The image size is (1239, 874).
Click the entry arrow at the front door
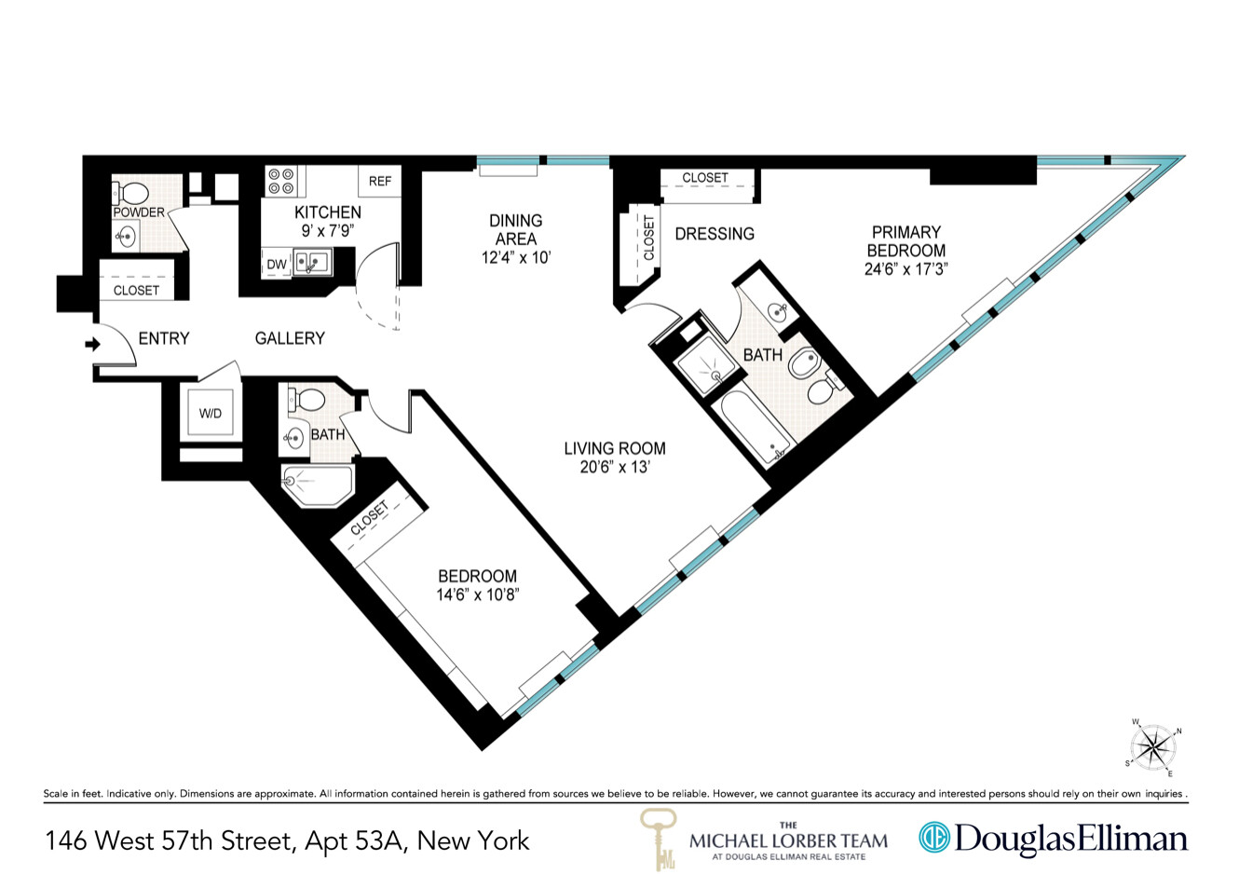(91, 345)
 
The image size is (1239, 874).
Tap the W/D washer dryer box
(211, 413)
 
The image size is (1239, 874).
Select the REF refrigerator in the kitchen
(379, 182)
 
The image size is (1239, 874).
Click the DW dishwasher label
(277, 265)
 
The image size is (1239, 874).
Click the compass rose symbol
(1154, 747)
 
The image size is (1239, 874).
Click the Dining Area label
(515, 229)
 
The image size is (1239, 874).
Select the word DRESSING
(715, 234)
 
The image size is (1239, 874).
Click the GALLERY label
(290, 338)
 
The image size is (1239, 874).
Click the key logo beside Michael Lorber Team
(659, 837)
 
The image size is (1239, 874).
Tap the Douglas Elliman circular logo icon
(933, 837)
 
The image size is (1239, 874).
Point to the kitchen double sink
(312, 262)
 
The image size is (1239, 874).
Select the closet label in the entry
(136, 290)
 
